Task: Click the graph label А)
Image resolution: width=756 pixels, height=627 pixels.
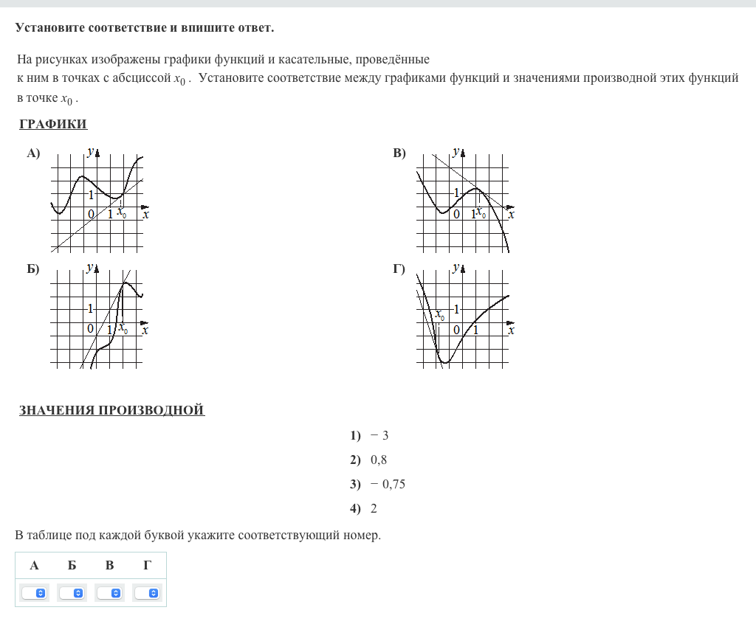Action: click(33, 153)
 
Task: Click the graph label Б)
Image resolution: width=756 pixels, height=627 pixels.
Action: click(33, 269)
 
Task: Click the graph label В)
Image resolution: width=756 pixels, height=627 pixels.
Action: click(399, 153)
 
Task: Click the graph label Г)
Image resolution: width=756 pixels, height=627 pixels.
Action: click(399, 269)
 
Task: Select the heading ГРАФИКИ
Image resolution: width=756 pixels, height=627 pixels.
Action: click(53, 124)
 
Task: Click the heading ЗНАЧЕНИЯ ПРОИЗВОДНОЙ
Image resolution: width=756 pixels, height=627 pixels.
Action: click(111, 410)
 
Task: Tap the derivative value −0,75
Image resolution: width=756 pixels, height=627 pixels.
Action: click(388, 484)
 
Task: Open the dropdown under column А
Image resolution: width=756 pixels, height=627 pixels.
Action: click(34, 593)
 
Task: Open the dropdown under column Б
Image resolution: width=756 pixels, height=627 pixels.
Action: click(72, 593)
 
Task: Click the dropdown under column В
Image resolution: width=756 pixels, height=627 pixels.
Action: click(110, 593)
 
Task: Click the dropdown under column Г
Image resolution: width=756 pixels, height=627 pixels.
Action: click(148, 593)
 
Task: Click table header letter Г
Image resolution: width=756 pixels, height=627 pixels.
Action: click(148, 566)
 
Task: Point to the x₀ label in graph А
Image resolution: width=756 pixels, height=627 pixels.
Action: click(122, 212)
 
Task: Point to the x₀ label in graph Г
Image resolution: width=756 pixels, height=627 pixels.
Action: click(440, 314)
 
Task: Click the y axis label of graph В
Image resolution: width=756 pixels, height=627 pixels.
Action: click(456, 152)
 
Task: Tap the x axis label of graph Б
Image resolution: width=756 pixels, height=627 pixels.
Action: click(145, 330)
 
